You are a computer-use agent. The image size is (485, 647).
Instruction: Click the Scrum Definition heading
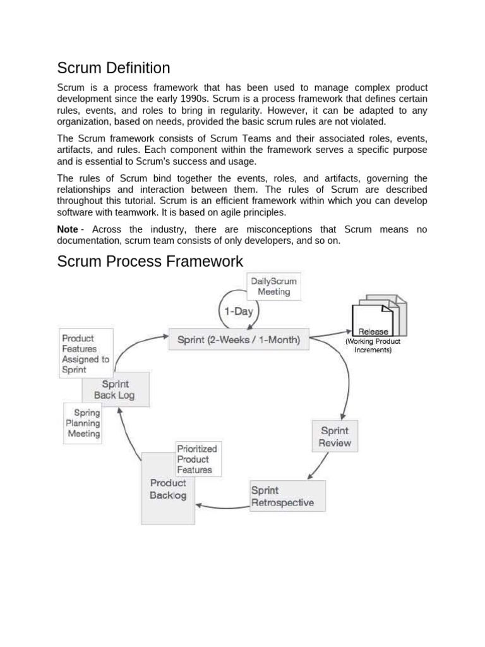114,68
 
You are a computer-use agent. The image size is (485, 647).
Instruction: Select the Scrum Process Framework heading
150,261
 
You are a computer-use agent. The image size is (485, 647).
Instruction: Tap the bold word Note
68,229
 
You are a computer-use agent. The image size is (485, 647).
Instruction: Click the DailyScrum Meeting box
273,286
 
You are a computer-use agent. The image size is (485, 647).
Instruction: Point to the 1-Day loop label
236,311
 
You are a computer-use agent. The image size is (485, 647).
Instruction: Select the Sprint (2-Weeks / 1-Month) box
239,339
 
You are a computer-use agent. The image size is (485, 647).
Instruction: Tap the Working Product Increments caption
373,346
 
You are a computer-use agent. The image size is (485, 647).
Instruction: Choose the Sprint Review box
335,436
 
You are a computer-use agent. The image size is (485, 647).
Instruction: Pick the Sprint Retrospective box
287,496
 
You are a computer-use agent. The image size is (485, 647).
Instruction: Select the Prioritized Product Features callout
197,459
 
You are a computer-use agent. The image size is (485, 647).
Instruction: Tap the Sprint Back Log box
115,390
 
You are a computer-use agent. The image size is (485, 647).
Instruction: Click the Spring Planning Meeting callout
83,423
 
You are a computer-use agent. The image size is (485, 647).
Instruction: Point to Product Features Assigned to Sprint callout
86,353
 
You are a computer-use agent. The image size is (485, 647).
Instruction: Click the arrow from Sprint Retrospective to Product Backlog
221,504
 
